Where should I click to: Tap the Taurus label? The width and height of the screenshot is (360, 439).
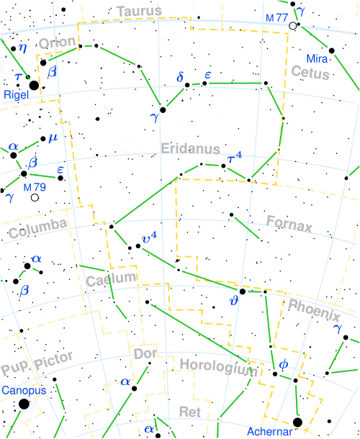(139, 12)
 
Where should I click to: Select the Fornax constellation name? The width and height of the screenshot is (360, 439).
(289, 224)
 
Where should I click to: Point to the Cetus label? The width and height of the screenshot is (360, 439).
(310, 73)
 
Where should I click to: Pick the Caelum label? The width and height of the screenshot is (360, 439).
(110, 279)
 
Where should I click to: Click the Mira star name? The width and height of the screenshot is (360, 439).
(316, 58)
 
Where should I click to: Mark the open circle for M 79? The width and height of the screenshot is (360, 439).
(35, 197)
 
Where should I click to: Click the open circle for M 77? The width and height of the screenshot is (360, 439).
(292, 26)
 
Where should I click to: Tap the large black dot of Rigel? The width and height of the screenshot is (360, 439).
(34, 86)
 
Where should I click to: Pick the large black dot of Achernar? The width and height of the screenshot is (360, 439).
(297, 422)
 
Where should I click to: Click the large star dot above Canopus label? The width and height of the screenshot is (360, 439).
(24, 404)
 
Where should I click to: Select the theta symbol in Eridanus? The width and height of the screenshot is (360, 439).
(233, 301)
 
